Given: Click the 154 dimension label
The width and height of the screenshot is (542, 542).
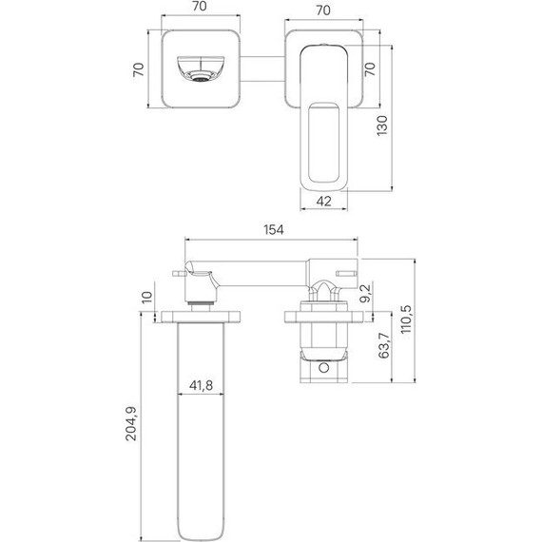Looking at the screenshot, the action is [274, 230].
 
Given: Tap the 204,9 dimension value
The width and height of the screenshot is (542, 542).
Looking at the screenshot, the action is [131, 424].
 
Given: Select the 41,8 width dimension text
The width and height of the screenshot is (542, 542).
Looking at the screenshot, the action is [201, 385].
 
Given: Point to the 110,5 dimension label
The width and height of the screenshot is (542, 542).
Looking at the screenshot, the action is [405, 319].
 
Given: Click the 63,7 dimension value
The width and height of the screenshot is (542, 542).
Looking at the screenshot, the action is [384, 345].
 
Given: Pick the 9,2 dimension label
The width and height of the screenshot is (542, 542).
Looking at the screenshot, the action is [365, 293].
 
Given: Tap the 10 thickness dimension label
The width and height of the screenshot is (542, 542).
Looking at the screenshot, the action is [147, 297].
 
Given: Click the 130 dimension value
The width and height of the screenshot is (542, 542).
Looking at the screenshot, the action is [382, 126].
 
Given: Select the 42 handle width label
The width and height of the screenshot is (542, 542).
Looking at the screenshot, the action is [323, 202].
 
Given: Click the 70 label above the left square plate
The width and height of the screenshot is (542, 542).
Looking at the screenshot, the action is [200, 7].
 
